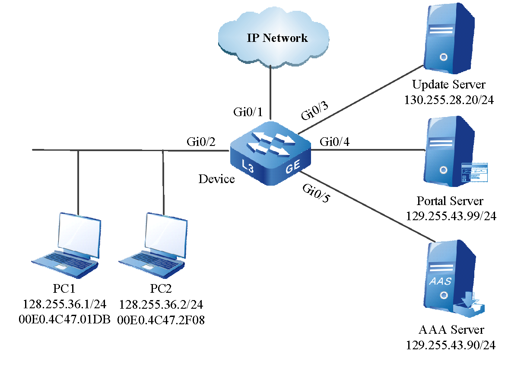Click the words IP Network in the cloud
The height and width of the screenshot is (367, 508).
(x=277, y=38)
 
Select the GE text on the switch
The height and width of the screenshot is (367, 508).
(x=292, y=168)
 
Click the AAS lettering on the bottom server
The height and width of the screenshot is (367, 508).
(x=440, y=282)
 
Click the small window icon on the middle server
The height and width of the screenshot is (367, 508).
(x=474, y=172)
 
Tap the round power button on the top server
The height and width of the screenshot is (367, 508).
(x=443, y=57)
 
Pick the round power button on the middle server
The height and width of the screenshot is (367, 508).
(x=443, y=170)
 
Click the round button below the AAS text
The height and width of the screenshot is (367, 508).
(x=443, y=296)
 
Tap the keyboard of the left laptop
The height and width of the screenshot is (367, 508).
(x=65, y=259)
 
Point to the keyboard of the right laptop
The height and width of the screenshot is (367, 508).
(x=151, y=259)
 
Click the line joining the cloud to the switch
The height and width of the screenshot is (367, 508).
(x=270, y=93)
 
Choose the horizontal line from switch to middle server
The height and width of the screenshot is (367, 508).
(x=367, y=150)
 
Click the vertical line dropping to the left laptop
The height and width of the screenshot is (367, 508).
(x=78, y=181)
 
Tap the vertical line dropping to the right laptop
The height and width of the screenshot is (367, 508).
(x=163, y=181)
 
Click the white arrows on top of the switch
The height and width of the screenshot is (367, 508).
(x=270, y=144)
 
